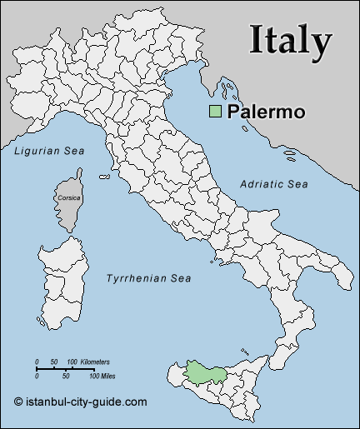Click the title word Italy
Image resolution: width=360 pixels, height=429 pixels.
[x=291, y=41]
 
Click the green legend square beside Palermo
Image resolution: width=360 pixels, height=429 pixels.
[x=216, y=111]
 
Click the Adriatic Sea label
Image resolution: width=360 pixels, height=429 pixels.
[x=274, y=183]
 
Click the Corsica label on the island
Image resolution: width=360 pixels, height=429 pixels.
[x=69, y=198]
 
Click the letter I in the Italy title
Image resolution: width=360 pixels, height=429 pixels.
[x=257, y=41]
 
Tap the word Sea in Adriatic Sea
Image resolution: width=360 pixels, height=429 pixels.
[x=297, y=183]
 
